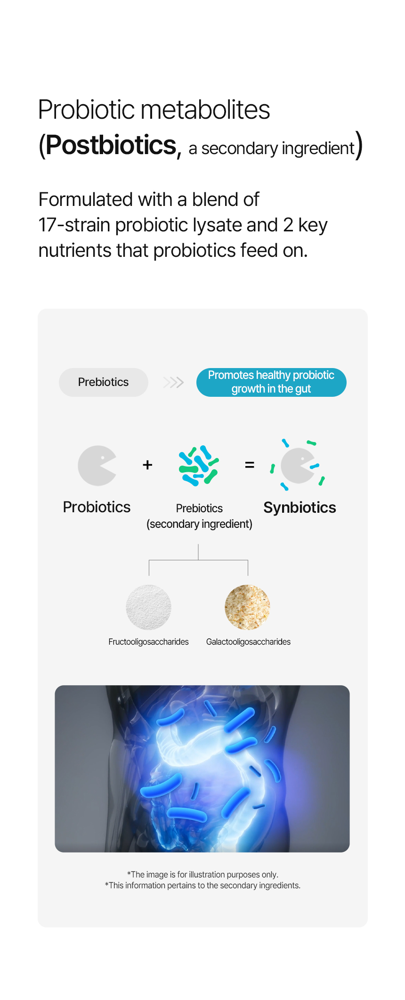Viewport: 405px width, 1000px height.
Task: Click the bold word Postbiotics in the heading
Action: click(111, 145)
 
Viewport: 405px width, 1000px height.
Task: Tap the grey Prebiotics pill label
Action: click(104, 382)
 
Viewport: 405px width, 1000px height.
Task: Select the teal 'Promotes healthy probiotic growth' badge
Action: click(271, 382)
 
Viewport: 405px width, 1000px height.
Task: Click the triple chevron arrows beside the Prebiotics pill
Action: click(173, 382)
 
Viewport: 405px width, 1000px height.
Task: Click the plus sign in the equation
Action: click(147, 465)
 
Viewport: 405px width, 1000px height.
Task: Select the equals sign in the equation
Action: click(250, 465)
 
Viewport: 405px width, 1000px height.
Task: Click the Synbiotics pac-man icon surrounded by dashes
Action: click(298, 465)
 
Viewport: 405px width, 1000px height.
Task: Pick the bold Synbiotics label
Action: click(300, 508)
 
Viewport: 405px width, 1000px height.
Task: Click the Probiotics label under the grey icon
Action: click(97, 507)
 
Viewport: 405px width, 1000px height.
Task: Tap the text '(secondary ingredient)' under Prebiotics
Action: click(199, 524)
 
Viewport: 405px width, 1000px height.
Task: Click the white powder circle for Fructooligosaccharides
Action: click(148, 607)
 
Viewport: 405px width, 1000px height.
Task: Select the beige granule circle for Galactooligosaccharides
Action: click(247, 607)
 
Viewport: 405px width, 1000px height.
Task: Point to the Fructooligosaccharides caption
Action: click(148, 642)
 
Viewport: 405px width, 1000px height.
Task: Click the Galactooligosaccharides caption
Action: click(248, 642)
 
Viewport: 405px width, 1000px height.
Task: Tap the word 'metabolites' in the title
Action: click(206, 110)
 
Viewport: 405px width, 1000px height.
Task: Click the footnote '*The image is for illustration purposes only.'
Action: click(202, 875)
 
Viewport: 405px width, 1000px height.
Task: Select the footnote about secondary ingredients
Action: click(202, 885)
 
